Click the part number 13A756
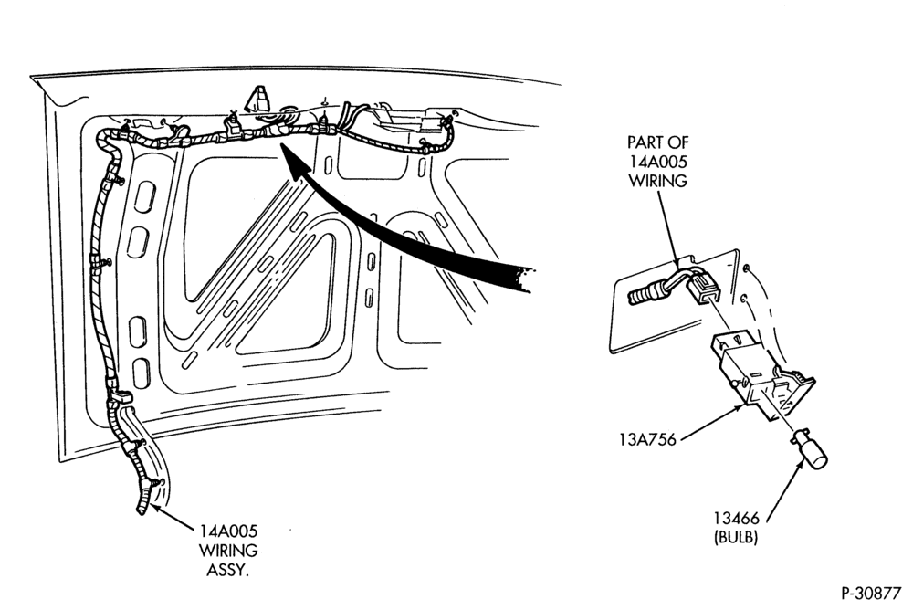(x=647, y=438)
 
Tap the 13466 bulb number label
(x=736, y=518)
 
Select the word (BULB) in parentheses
(x=736, y=537)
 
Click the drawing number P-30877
(x=870, y=593)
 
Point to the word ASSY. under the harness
(x=228, y=570)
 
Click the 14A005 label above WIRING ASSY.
(x=228, y=531)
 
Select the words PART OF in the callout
(x=657, y=142)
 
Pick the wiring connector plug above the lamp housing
(x=703, y=289)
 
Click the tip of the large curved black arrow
(x=282, y=146)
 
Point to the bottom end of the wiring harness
(x=142, y=512)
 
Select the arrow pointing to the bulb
(x=783, y=489)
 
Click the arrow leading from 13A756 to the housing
(x=711, y=422)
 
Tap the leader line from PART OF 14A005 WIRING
(x=669, y=228)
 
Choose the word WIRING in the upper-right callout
(x=657, y=181)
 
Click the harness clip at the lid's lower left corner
(x=120, y=398)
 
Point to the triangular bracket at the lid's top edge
(x=258, y=98)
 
